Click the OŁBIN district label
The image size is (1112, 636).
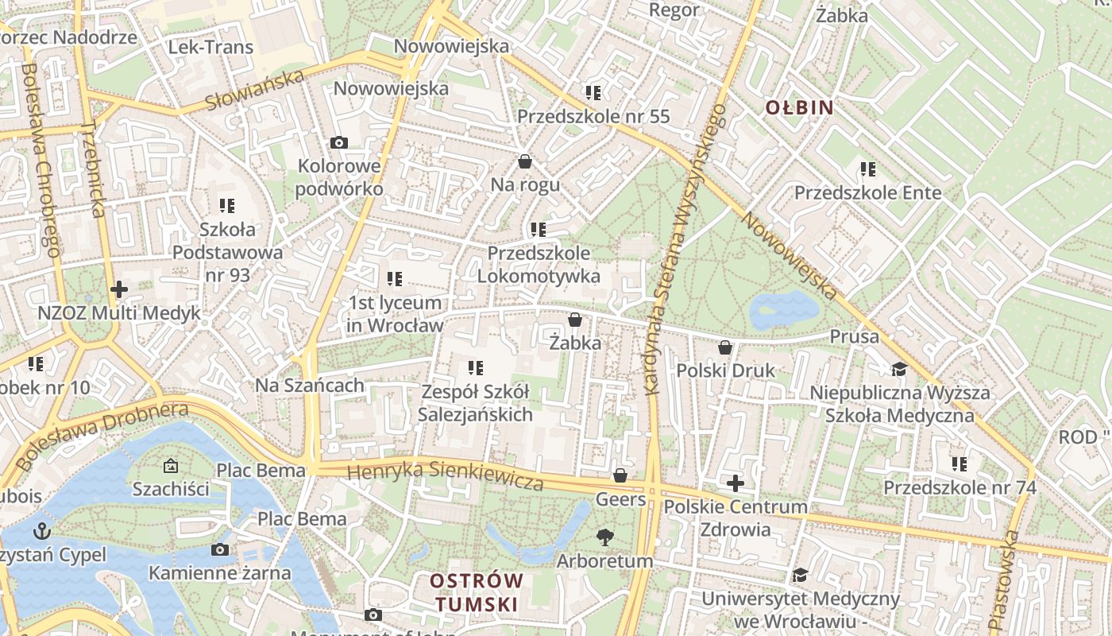799,107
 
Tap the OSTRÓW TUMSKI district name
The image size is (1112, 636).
476,592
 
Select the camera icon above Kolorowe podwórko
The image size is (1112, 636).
339,142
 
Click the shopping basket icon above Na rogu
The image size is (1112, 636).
524,161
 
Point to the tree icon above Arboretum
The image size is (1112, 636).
605,537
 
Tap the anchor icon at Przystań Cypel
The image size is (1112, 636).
41,530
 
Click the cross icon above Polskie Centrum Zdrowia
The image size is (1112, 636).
736,483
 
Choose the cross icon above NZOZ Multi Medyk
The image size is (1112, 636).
119,289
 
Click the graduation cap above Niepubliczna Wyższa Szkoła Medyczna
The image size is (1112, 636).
899,369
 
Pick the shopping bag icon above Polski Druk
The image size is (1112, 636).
724,347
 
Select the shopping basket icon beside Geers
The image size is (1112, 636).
620,475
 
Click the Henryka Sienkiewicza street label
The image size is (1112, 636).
445,475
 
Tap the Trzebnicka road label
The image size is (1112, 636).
93,169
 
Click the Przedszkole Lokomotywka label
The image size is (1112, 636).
539,265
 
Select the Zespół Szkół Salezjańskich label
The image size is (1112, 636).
475,403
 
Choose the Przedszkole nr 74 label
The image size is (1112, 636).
959,487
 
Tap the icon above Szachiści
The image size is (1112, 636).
171,465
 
